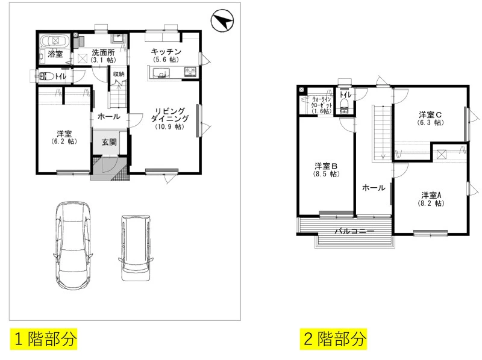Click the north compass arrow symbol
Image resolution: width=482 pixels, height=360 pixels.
[222, 20]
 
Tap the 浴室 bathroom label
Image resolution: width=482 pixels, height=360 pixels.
[55, 54]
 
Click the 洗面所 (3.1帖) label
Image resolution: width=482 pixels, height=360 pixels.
[103, 56]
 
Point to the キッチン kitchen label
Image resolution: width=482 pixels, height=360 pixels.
[166, 55]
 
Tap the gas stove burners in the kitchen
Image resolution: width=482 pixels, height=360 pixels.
[190, 72]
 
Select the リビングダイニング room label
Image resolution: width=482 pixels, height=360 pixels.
[170, 119]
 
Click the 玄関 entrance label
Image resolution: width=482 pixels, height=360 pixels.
[109, 142]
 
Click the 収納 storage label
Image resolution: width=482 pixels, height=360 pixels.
[119, 74]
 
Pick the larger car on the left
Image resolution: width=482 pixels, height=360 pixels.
[73, 246]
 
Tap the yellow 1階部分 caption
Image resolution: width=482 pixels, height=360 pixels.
[43, 339]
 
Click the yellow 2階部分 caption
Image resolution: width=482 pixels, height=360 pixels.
[334, 339]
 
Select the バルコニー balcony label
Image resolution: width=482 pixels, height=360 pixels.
[354, 231]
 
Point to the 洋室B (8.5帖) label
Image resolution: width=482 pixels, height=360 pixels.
[326, 170]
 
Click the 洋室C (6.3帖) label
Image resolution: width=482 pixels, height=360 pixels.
[430, 119]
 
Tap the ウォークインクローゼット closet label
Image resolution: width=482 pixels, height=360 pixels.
[322, 105]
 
